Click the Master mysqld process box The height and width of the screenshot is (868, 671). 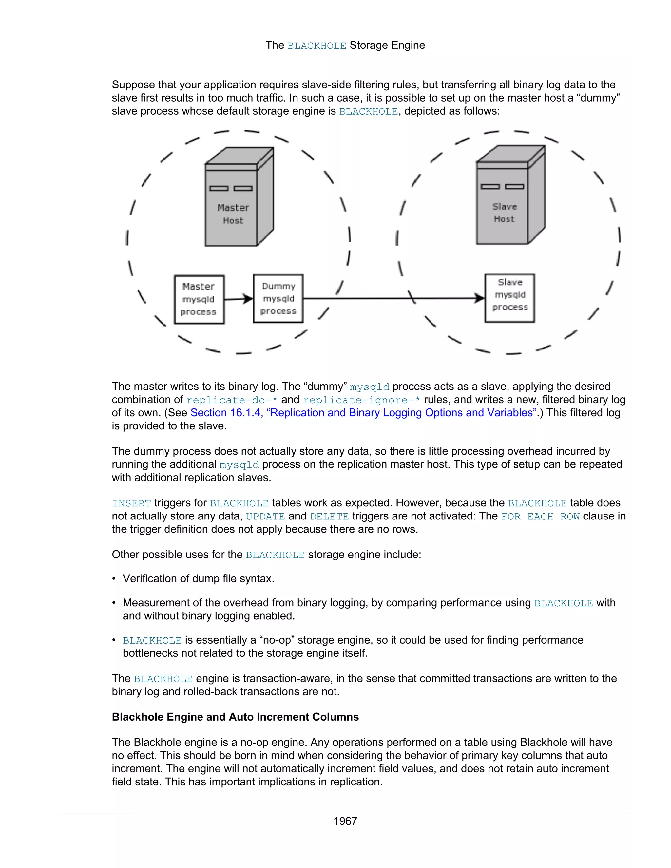tap(199, 299)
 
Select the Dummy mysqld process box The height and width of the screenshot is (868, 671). tap(278, 298)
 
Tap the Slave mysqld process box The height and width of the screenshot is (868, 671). tap(509, 298)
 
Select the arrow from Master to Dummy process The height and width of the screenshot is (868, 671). tap(238, 299)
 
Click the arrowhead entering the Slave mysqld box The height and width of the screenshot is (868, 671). tap(479, 298)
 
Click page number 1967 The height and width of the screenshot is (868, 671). tap(345, 821)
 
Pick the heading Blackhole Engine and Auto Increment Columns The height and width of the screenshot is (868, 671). tap(235, 717)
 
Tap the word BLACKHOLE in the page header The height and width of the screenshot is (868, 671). tap(316, 46)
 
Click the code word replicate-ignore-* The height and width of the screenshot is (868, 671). tap(361, 400)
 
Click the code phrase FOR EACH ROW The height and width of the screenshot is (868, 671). tap(540, 516)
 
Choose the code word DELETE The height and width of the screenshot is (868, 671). tap(329, 516)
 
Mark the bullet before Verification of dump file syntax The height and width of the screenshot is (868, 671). tap(114, 579)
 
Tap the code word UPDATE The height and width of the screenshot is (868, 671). tap(265, 516)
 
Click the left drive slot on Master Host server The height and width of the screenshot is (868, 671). tap(219, 188)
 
